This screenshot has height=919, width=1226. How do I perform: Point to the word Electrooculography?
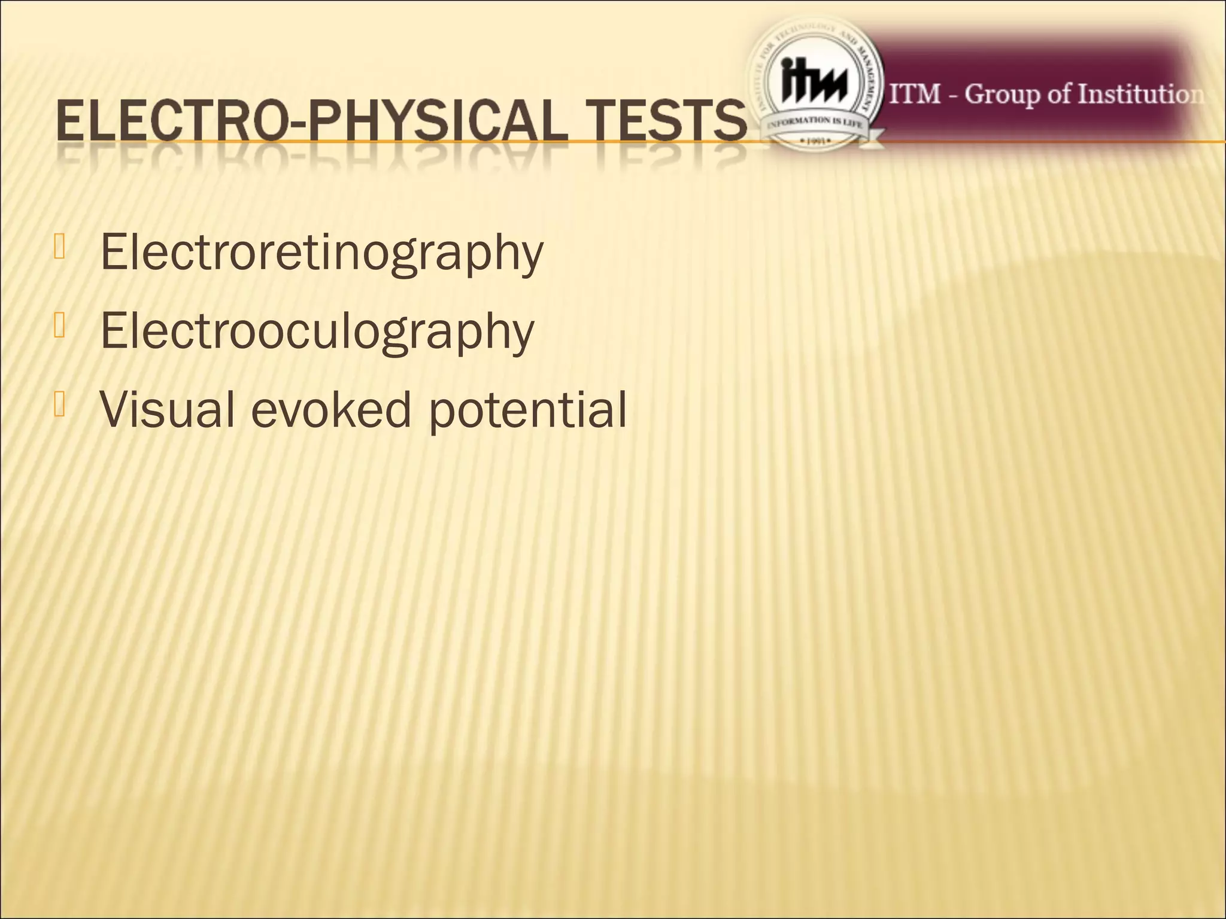click(317, 333)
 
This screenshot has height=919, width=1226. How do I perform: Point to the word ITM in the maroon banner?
click(915, 95)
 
